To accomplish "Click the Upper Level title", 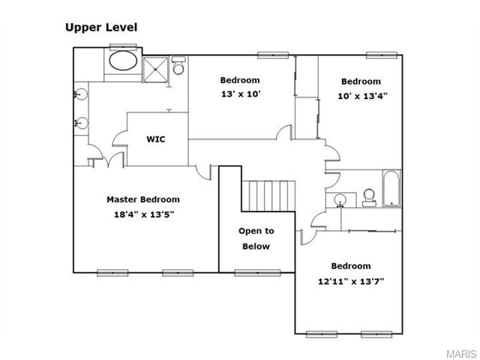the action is click(x=101, y=28).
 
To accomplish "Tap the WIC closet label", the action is click(x=156, y=139).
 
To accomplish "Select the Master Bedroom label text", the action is click(x=143, y=199).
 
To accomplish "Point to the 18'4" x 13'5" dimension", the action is click(x=144, y=214).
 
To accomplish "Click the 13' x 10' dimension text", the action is click(x=241, y=94).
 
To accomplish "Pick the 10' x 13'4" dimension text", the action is click(x=363, y=96).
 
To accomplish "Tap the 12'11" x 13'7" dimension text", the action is click(x=351, y=281).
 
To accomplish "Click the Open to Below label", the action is click(x=256, y=238).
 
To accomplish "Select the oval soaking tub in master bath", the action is click(x=123, y=61).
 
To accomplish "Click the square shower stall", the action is click(x=155, y=70).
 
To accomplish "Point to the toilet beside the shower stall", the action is click(x=178, y=65).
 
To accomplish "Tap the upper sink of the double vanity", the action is click(x=81, y=94).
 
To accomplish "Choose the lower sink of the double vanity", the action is click(x=82, y=123).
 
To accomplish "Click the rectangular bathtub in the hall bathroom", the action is click(x=391, y=188).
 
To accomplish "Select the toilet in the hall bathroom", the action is click(x=369, y=198).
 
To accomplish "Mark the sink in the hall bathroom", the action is click(x=340, y=200).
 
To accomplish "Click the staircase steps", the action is click(x=268, y=196).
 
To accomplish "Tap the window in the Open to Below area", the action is click(x=257, y=273).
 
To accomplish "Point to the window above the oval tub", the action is click(x=123, y=47).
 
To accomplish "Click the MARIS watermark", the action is click(x=462, y=353).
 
